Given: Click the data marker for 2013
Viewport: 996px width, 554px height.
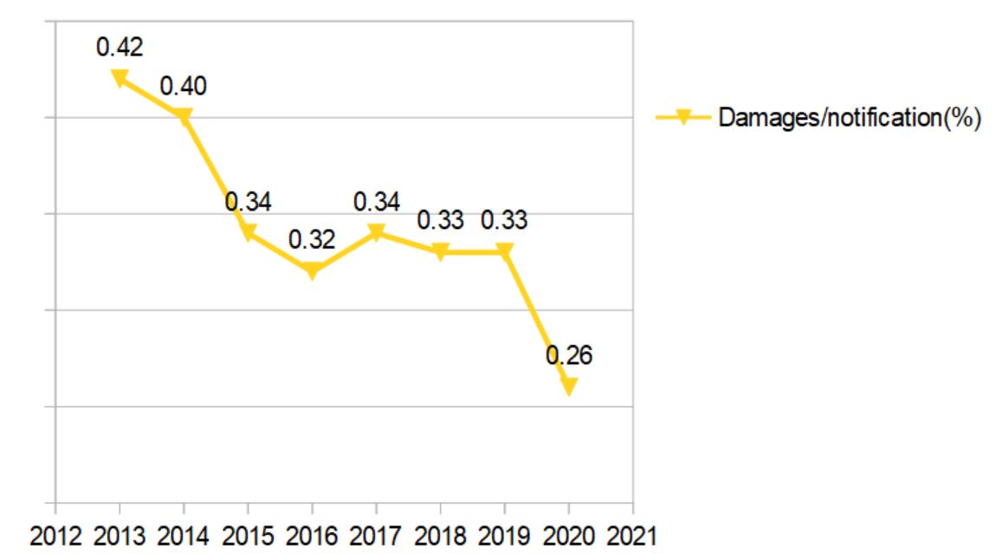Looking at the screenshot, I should point(120,77).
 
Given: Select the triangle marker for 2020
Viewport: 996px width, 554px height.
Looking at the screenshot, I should point(568,386).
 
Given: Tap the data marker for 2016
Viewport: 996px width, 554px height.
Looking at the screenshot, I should point(312,270).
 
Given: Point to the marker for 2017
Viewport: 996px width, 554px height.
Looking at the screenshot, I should point(376,231).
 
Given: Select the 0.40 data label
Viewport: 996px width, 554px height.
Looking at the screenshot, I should point(184,86).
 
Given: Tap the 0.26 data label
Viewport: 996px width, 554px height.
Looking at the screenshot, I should point(569,355).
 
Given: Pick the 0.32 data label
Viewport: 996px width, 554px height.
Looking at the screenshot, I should point(312,240).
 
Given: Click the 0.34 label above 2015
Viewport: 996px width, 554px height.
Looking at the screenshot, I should point(248,202).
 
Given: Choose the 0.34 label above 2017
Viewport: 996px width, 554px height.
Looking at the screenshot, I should point(376,202).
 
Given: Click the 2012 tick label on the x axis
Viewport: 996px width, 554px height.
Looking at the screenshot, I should point(55,536).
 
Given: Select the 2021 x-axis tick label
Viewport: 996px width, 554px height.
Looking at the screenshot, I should point(632,536).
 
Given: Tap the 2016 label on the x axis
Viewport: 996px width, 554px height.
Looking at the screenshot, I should point(312,536).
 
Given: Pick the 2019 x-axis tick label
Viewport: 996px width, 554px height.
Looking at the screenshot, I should point(504,536).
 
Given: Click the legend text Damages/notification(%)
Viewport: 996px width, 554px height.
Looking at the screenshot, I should point(849,118).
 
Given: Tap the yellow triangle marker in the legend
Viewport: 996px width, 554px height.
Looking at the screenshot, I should point(682,117).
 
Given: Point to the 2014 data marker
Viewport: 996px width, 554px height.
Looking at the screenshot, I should point(184,115).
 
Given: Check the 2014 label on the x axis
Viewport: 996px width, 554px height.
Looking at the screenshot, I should point(184,536).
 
